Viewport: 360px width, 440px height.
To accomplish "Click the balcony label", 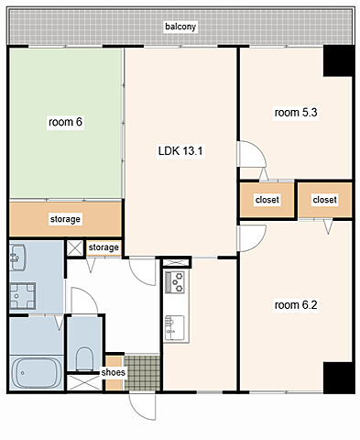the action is pos(180,27).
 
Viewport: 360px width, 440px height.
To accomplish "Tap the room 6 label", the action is pos(65,122).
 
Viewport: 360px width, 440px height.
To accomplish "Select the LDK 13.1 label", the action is pos(180,150).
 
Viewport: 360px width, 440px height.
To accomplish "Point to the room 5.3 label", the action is pos(296,113).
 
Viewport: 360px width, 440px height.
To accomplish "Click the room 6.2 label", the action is pos(296,305).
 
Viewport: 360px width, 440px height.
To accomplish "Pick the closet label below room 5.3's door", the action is pos(267,200).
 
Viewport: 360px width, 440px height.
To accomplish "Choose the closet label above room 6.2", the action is pos(324,200).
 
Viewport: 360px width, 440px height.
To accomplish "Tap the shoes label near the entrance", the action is pos(113,372).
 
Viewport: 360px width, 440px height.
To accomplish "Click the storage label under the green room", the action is pos(65,219).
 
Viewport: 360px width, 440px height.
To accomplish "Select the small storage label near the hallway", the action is pos(104,247).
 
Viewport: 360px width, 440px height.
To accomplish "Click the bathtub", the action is pos(37,372).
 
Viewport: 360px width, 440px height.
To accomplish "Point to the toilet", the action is pos(84,358).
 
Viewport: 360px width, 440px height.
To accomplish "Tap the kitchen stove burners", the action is pos(175,282).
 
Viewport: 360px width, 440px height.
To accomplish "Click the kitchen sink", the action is pos(175,328).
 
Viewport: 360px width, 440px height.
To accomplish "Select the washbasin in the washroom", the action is pos(17,258).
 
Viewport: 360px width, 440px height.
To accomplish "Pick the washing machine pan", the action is pos(23,296).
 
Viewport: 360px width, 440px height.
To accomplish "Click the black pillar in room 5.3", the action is pos(338,60).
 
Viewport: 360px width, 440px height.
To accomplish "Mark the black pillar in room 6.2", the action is pos(338,378).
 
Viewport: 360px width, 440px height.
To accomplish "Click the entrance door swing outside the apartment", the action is pos(142,406).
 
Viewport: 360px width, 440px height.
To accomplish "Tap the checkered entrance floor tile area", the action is pos(142,372).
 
